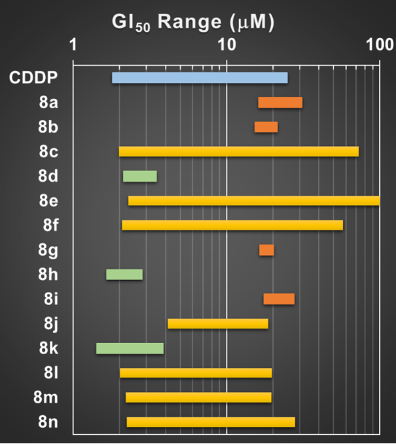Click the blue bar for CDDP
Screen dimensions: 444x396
pos(200,78)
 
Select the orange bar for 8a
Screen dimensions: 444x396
pos(280,102)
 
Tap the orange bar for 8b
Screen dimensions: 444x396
pos(266,127)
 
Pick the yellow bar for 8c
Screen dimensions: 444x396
pos(238,151)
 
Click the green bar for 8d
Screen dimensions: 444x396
pos(140,176)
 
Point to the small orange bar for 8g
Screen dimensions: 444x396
pos(266,250)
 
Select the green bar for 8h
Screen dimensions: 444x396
pos(124,274)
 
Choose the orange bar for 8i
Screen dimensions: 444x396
pos(279,299)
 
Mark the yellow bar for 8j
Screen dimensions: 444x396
pos(218,323)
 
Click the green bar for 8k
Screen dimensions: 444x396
pos(130,348)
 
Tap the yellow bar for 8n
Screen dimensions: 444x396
pos(211,422)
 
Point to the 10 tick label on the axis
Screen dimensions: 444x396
pos(226,45)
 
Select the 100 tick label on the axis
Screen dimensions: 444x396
pos(380,45)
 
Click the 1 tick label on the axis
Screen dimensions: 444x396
pos(73,45)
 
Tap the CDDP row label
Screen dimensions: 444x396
pos(33,78)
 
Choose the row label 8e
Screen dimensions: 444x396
pos(48,201)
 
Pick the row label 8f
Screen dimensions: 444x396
pos(48,226)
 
